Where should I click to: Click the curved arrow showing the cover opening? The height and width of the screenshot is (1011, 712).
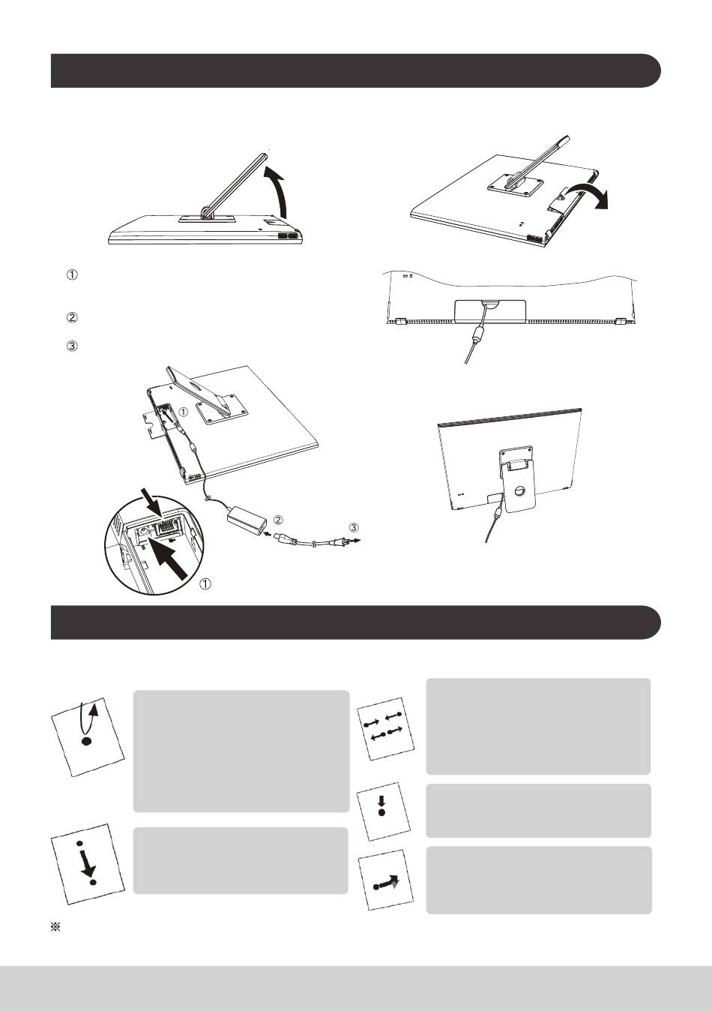586,195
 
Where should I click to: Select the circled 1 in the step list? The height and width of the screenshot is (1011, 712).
73,274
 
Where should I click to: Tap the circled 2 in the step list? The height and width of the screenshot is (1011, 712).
73,318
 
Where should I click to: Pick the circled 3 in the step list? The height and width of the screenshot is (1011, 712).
73,346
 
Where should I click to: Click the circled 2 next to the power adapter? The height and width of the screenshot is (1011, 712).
278,520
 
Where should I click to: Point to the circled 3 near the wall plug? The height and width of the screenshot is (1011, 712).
354,527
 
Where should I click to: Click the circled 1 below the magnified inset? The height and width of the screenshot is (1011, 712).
205,584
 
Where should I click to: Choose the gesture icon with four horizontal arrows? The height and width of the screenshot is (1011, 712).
385,732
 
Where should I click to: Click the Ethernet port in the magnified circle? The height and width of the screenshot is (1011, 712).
168,526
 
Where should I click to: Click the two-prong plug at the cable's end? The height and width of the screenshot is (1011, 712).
344,539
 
